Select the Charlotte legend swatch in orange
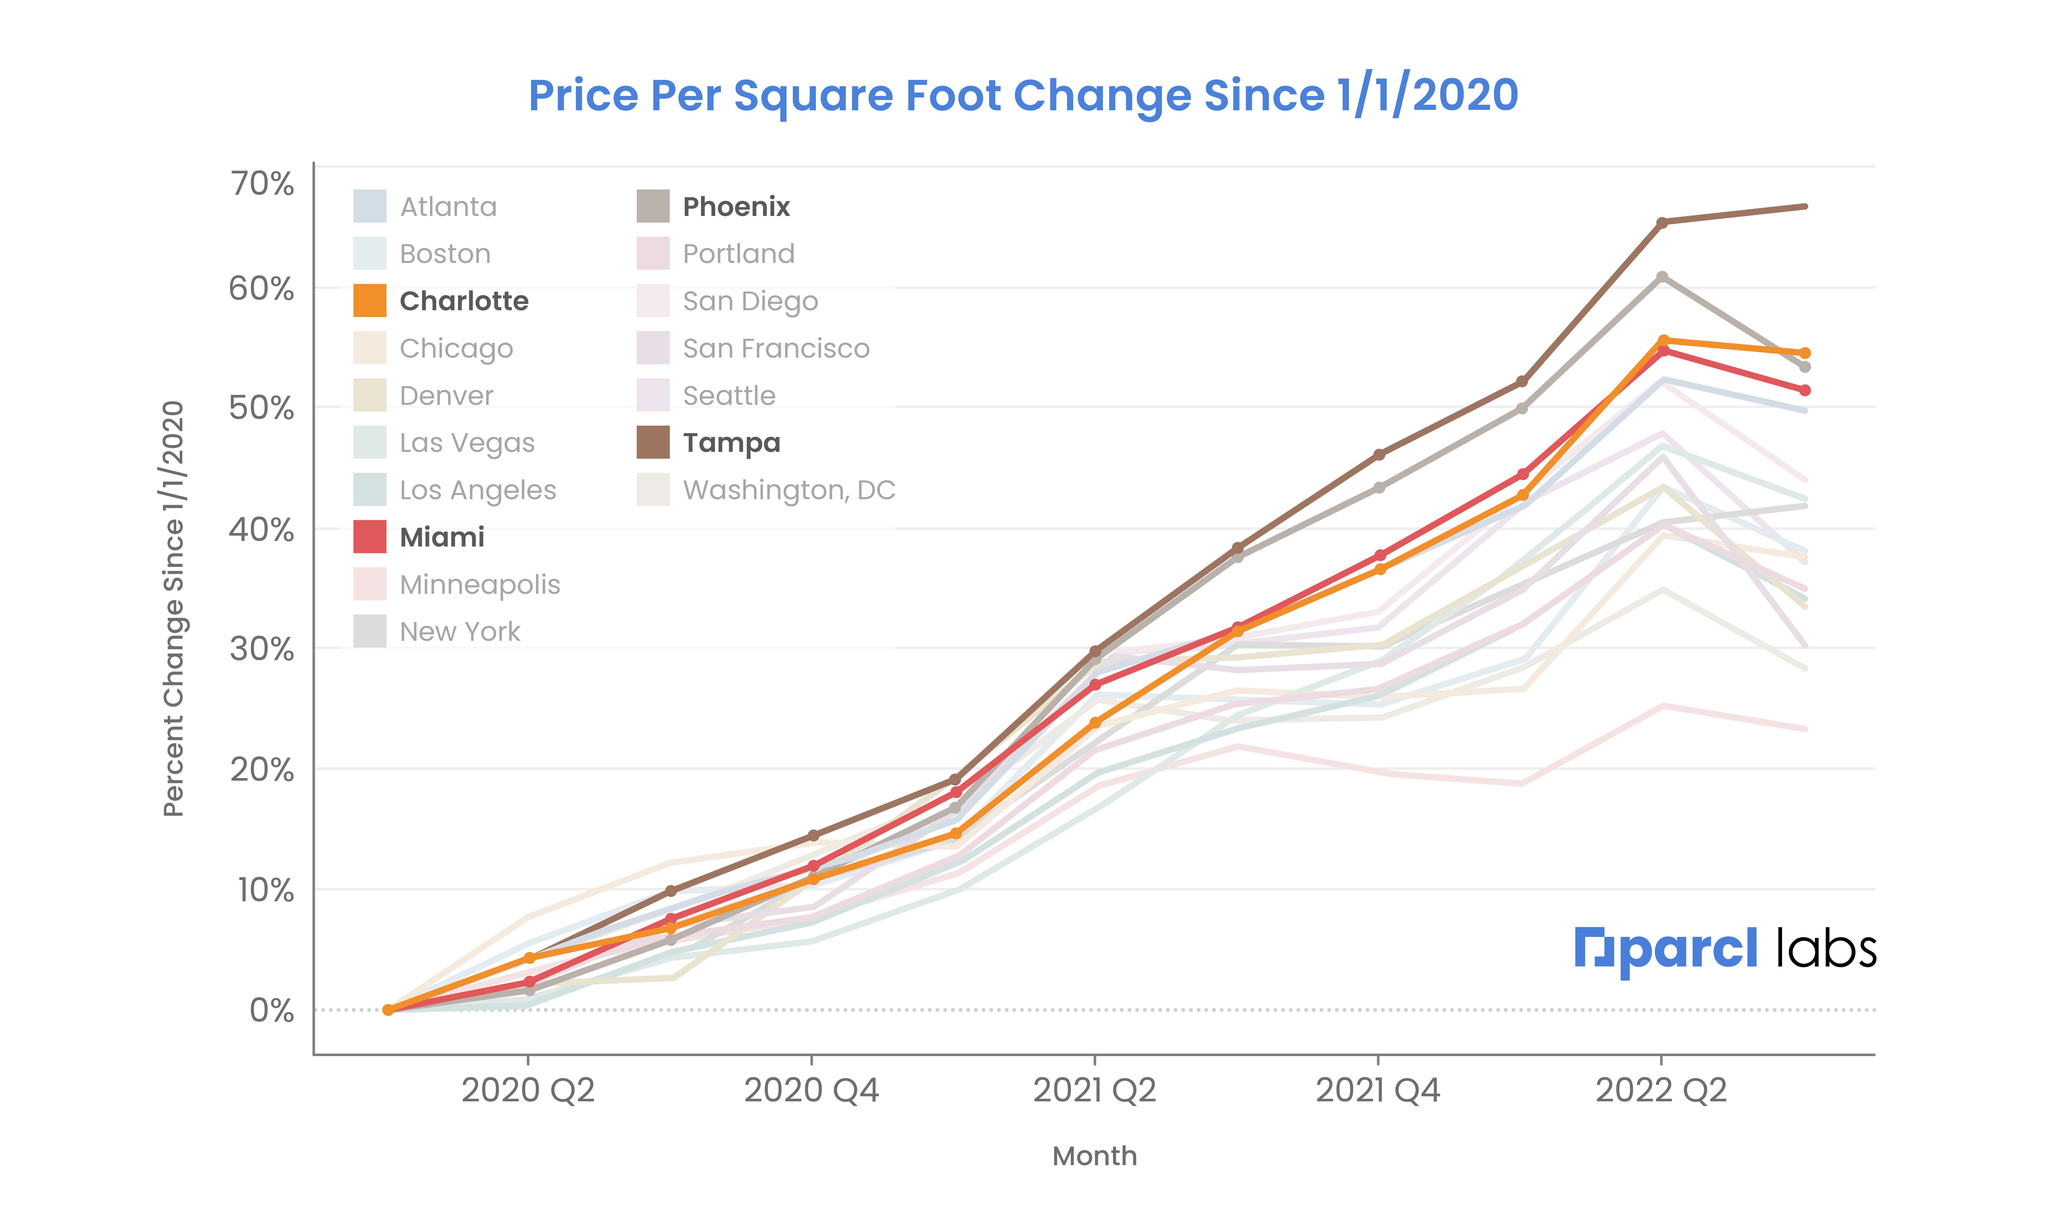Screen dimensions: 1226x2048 tap(369, 301)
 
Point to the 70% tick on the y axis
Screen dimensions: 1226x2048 tap(261, 183)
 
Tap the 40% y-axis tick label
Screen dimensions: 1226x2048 tap(261, 530)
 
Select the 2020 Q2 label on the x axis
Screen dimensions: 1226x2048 tap(528, 1091)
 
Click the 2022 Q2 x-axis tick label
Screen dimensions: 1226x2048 tap(1661, 1091)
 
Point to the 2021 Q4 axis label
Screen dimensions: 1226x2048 tap(1377, 1091)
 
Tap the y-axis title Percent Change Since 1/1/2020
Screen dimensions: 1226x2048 tap(174, 609)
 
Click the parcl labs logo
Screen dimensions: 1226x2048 tap(1725, 950)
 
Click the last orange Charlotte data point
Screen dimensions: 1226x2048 tap(1805, 353)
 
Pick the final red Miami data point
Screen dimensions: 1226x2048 tap(1805, 390)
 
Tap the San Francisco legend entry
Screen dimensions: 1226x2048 tap(775, 349)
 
